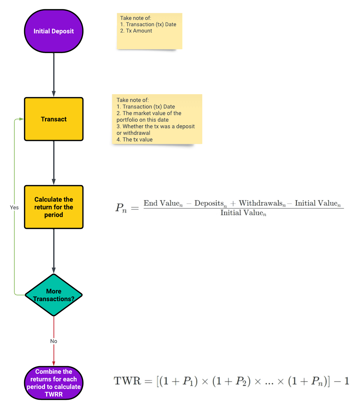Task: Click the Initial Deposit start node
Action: tap(53, 31)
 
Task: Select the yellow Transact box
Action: tap(53, 119)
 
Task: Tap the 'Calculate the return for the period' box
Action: tap(53, 207)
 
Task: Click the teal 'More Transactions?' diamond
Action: tap(53, 295)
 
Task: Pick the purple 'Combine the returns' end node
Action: tap(53, 383)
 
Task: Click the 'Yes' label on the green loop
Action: tap(14, 207)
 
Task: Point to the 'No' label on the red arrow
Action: tap(53, 341)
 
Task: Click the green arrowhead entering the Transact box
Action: tap(21, 119)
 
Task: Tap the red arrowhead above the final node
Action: tap(54, 363)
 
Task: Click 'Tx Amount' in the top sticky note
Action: tap(139, 31)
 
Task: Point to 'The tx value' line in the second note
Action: tap(137, 139)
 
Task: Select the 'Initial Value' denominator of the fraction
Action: tap(243, 213)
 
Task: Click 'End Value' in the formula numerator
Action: tap(163, 203)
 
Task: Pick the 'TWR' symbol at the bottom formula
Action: tap(127, 381)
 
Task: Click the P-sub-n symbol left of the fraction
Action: tap(121, 208)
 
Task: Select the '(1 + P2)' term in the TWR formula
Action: tap(231, 381)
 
